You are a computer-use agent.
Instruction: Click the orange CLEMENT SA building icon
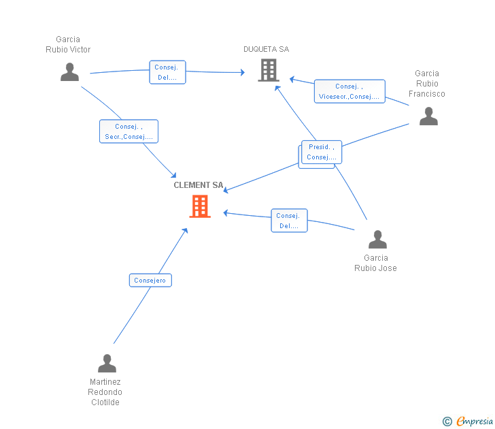coord(200,206)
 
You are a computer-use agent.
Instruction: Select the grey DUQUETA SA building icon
coord(269,70)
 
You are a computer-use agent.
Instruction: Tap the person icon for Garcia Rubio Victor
coord(70,72)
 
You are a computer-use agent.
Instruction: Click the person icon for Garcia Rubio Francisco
coord(428,116)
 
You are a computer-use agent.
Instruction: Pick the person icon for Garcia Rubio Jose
coord(377,239)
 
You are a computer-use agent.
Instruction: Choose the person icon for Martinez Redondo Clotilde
coord(107,363)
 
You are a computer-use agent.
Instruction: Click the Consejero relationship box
coord(150,280)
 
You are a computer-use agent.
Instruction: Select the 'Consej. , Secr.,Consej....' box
coord(129,131)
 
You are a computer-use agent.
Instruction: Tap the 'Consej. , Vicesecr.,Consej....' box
coord(349,91)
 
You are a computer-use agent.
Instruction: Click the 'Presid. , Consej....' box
coord(322,152)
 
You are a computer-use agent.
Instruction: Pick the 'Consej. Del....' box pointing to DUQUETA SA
coord(167,72)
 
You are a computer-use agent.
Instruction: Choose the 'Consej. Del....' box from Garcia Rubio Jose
coord(289,221)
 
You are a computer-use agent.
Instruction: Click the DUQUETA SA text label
coord(266,49)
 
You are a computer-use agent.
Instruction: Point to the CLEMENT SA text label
coord(199,185)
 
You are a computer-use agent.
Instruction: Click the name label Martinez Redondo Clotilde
coord(105,392)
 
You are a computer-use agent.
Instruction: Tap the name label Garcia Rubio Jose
coord(375,263)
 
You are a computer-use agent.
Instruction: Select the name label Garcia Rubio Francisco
coord(427,84)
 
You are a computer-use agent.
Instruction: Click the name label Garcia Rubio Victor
coord(68,44)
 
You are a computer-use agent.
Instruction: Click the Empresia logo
coord(468,421)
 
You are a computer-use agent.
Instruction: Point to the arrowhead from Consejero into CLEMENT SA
coord(186,231)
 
